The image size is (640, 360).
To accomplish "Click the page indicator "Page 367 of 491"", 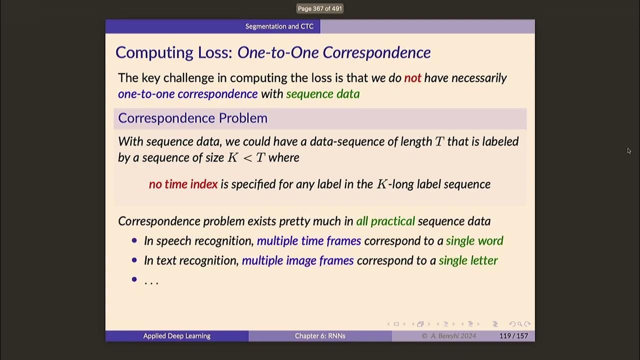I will point(319,8).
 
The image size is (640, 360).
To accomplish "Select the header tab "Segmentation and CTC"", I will point(279,26).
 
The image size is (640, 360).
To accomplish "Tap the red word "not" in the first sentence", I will point(412,78).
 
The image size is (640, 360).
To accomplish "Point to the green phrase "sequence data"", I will point(322,94).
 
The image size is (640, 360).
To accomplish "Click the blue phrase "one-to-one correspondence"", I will point(187,94).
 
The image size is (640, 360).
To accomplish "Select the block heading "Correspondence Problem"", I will point(192,118).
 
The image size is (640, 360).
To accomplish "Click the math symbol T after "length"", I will point(439,141).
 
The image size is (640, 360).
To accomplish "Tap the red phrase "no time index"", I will point(183,184).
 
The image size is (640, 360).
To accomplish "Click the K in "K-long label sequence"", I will point(381,184).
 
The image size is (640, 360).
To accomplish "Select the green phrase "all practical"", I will point(385,221).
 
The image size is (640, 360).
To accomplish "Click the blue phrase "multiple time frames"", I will point(308,241).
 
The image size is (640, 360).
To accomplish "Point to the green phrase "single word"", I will point(474,241).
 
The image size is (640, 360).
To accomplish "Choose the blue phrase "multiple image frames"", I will point(297,260).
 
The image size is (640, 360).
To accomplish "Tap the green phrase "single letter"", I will point(468,260).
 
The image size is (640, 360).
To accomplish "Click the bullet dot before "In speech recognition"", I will point(134,240).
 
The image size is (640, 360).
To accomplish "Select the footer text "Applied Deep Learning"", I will point(176,336).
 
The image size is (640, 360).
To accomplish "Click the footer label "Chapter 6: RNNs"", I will point(319,336).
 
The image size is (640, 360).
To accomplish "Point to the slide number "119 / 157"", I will point(513,336).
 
